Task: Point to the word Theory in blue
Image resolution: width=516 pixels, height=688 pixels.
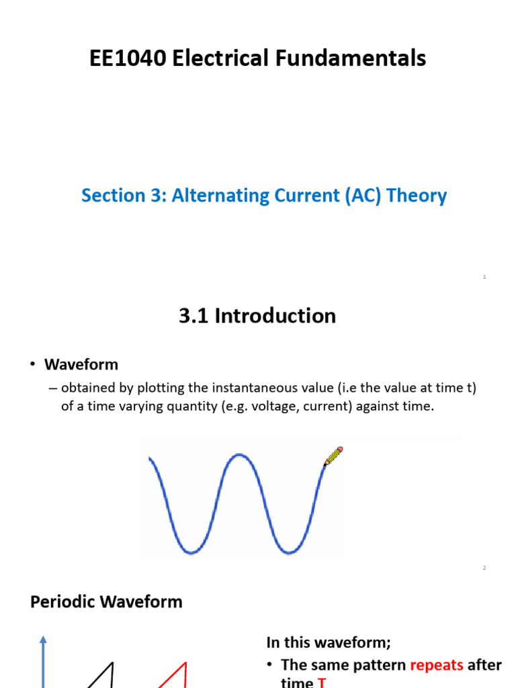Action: click(420, 196)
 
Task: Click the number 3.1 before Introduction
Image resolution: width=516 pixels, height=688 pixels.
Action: click(194, 316)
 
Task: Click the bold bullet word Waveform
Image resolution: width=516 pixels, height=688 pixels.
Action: click(81, 365)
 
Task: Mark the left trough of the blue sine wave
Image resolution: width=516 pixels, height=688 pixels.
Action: click(191, 552)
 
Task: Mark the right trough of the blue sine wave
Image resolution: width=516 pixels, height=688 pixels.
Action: click(288, 552)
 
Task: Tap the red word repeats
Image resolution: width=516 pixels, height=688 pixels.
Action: click(436, 665)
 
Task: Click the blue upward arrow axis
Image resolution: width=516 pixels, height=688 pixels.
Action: click(43, 662)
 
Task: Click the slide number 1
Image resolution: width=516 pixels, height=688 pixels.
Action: click(484, 277)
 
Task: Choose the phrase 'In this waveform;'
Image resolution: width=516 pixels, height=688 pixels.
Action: click(328, 642)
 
